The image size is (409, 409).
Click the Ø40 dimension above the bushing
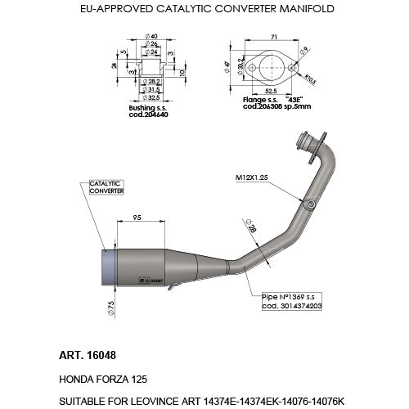pyautogui.click(x=152, y=36)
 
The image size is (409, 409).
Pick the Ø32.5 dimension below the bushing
pyautogui.click(x=152, y=97)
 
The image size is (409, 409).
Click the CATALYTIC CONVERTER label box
pyautogui.click(x=106, y=187)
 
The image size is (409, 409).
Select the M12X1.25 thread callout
pyautogui.click(x=253, y=176)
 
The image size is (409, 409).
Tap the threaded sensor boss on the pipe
pyautogui.click(x=309, y=203)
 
